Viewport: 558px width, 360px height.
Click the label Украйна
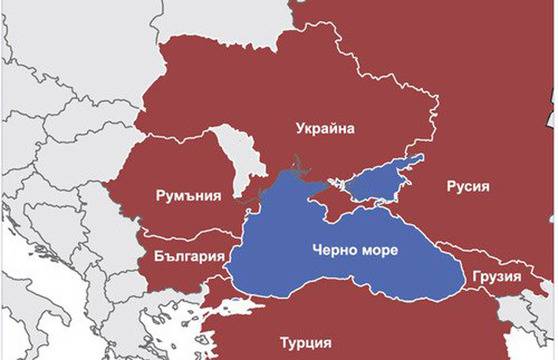coord(327,127)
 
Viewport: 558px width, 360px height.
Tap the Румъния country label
coord(188,195)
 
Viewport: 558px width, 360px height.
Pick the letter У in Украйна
coord(301,127)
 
